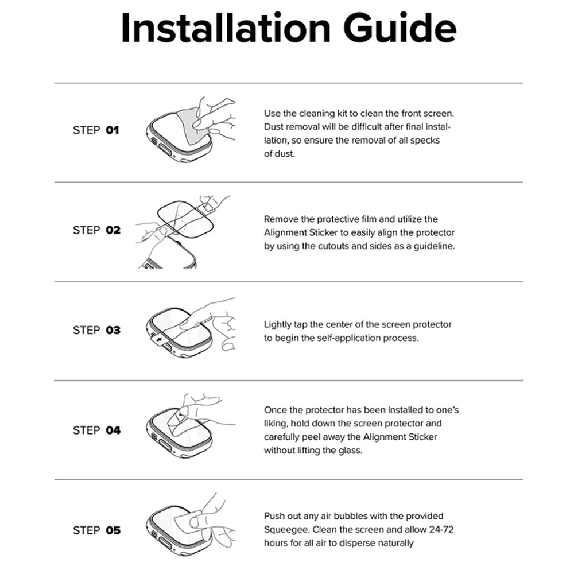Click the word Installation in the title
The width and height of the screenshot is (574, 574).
[x=226, y=28]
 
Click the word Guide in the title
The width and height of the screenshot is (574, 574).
[x=400, y=28]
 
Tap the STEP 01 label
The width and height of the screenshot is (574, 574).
[x=96, y=130]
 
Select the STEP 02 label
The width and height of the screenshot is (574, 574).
[x=96, y=230]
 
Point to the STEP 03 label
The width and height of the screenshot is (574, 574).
[x=96, y=330]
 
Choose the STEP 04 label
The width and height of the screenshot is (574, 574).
[x=96, y=430]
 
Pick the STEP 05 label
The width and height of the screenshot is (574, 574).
[x=96, y=530]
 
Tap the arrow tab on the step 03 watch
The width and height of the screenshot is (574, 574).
[x=158, y=340]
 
